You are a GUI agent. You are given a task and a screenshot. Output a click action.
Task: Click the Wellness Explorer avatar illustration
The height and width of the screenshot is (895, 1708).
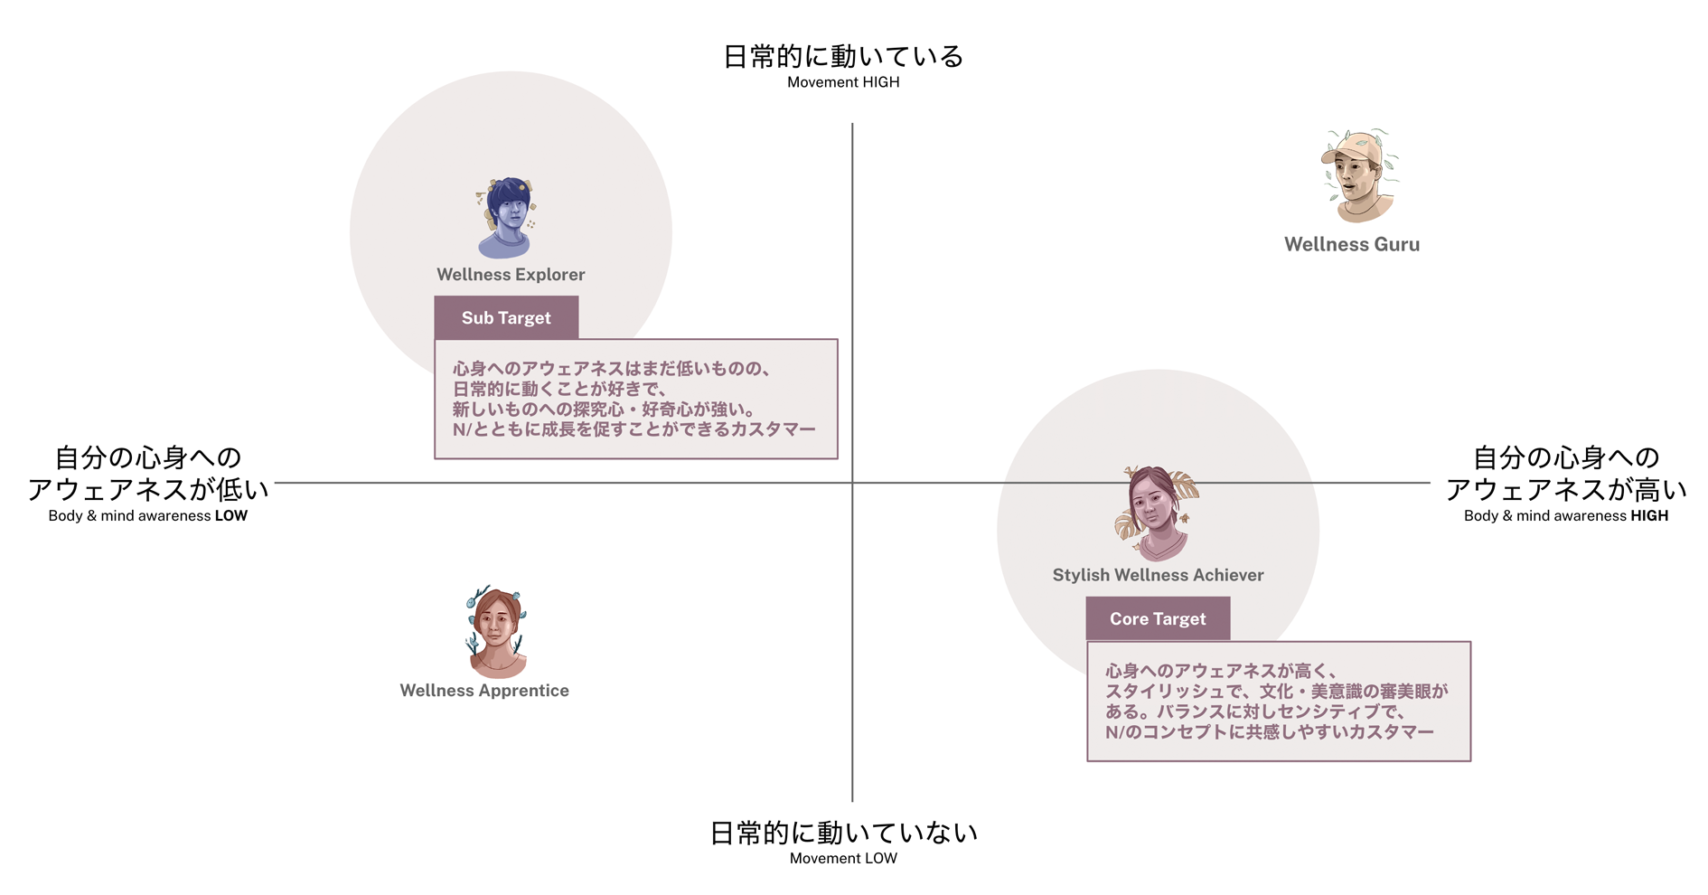[506, 218]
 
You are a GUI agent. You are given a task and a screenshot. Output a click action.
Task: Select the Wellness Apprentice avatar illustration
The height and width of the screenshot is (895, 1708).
[496, 633]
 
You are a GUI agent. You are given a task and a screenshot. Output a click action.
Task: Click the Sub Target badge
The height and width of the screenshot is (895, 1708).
[506, 318]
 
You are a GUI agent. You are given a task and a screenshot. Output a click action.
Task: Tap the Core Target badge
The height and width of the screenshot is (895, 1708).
[1158, 619]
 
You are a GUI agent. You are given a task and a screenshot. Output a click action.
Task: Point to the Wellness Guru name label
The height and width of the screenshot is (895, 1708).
[1352, 245]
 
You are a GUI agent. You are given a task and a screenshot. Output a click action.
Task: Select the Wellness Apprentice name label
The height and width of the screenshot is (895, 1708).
[484, 691]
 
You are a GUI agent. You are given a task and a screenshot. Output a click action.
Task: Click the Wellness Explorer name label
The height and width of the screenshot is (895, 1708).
[511, 275]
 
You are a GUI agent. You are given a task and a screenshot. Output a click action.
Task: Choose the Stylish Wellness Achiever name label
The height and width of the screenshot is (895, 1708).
[1158, 575]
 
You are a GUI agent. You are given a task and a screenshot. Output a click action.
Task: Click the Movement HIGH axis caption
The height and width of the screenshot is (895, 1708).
[843, 82]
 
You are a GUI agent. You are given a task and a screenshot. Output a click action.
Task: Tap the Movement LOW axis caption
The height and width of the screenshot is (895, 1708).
[843, 859]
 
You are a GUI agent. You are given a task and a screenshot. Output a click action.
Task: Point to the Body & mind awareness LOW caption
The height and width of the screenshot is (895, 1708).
[148, 516]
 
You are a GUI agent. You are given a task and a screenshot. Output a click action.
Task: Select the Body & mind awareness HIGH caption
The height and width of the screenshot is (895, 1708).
[1566, 516]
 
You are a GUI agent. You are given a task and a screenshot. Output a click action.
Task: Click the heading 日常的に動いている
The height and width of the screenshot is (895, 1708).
[843, 57]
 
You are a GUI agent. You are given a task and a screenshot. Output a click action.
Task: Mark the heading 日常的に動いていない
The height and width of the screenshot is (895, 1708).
[843, 833]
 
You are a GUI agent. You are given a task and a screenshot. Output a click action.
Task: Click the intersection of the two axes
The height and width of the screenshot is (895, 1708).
[852, 483]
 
